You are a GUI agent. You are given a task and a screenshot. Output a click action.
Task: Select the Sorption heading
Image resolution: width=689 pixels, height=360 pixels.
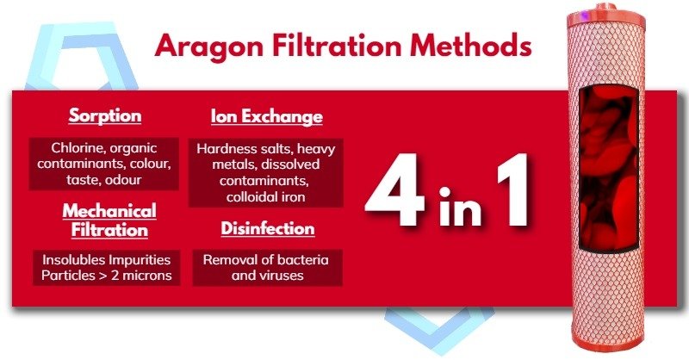(x=104, y=115)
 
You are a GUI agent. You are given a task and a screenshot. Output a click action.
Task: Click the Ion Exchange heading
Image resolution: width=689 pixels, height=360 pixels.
(x=266, y=115)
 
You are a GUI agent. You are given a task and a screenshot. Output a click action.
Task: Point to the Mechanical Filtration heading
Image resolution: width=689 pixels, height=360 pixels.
(x=104, y=220)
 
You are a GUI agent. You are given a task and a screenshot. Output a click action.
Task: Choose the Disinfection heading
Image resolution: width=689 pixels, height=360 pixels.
(x=267, y=229)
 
